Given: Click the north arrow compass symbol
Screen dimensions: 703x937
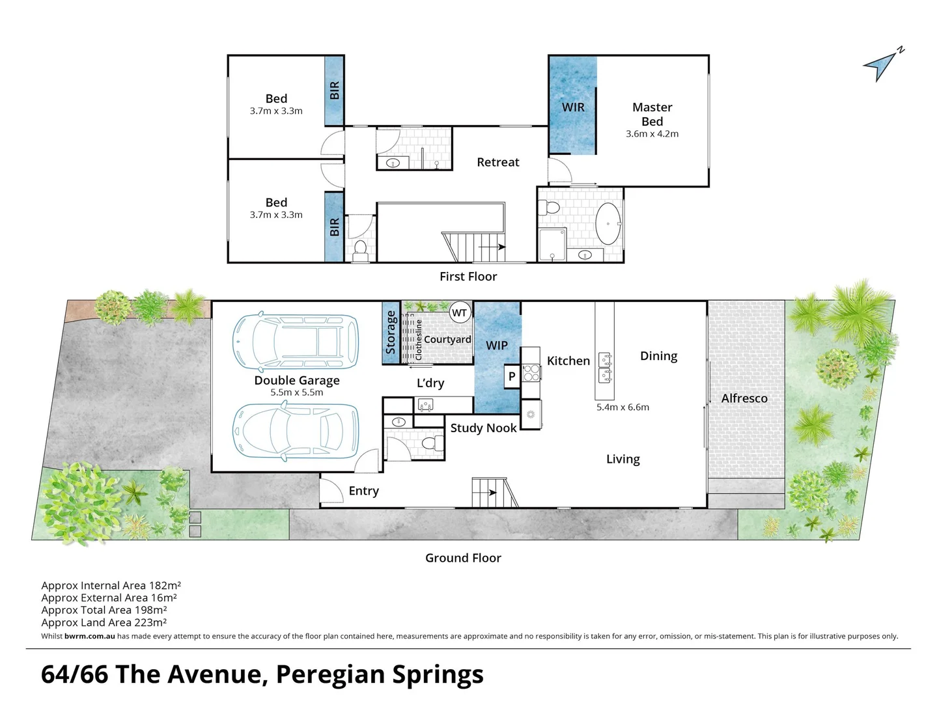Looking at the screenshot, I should [x=882, y=64].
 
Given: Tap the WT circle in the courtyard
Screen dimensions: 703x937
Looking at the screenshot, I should [x=460, y=312].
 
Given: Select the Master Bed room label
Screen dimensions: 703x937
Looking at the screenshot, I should [x=652, y=115].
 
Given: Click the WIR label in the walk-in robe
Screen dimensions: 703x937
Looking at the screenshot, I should [x=573, y=107].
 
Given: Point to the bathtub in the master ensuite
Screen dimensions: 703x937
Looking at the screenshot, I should [x=609, y=224].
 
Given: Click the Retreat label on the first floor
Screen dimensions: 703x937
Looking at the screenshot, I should [x=497, y=163].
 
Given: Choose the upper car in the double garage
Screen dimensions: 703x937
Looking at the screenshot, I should [x=296, y=342].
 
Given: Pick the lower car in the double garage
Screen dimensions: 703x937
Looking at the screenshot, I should [x=296, y=430].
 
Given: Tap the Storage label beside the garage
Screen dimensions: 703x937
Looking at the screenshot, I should [x=391, y=332].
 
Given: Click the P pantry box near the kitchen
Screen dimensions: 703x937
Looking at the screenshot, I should [x=512, y=376].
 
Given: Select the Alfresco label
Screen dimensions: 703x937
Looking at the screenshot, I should [x=744, y=398].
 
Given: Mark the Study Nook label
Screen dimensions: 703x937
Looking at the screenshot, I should [x=483, y=428].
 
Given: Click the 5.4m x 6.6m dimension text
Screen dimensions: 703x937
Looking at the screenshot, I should [x=622, y=407].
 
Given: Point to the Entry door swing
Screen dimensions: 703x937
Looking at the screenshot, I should [x=332, y=489].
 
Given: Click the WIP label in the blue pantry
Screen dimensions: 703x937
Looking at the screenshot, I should [x=496, y=346].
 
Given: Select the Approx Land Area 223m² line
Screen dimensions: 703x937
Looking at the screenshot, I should [x=104, y=622].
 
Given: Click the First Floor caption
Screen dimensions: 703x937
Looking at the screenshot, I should [x=468, y=277].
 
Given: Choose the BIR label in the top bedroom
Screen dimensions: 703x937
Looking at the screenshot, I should [x=335, y=90].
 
